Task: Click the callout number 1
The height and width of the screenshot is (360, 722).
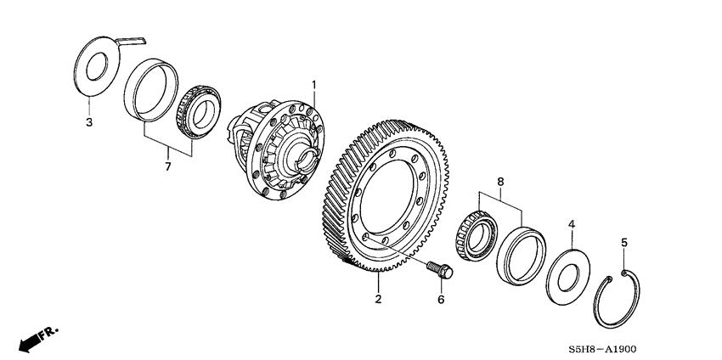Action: [x=313, y=85]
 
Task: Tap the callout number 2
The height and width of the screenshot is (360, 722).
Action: [x=379, y=298]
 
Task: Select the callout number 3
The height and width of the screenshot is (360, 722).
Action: [x=89, y=123]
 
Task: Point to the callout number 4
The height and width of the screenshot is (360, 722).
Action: [x=572, y=224]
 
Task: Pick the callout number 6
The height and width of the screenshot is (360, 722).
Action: [x=441, y=300]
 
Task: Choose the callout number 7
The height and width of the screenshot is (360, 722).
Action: [x=167, y=166]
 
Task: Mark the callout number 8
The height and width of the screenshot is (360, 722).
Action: [x=499, y=181]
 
